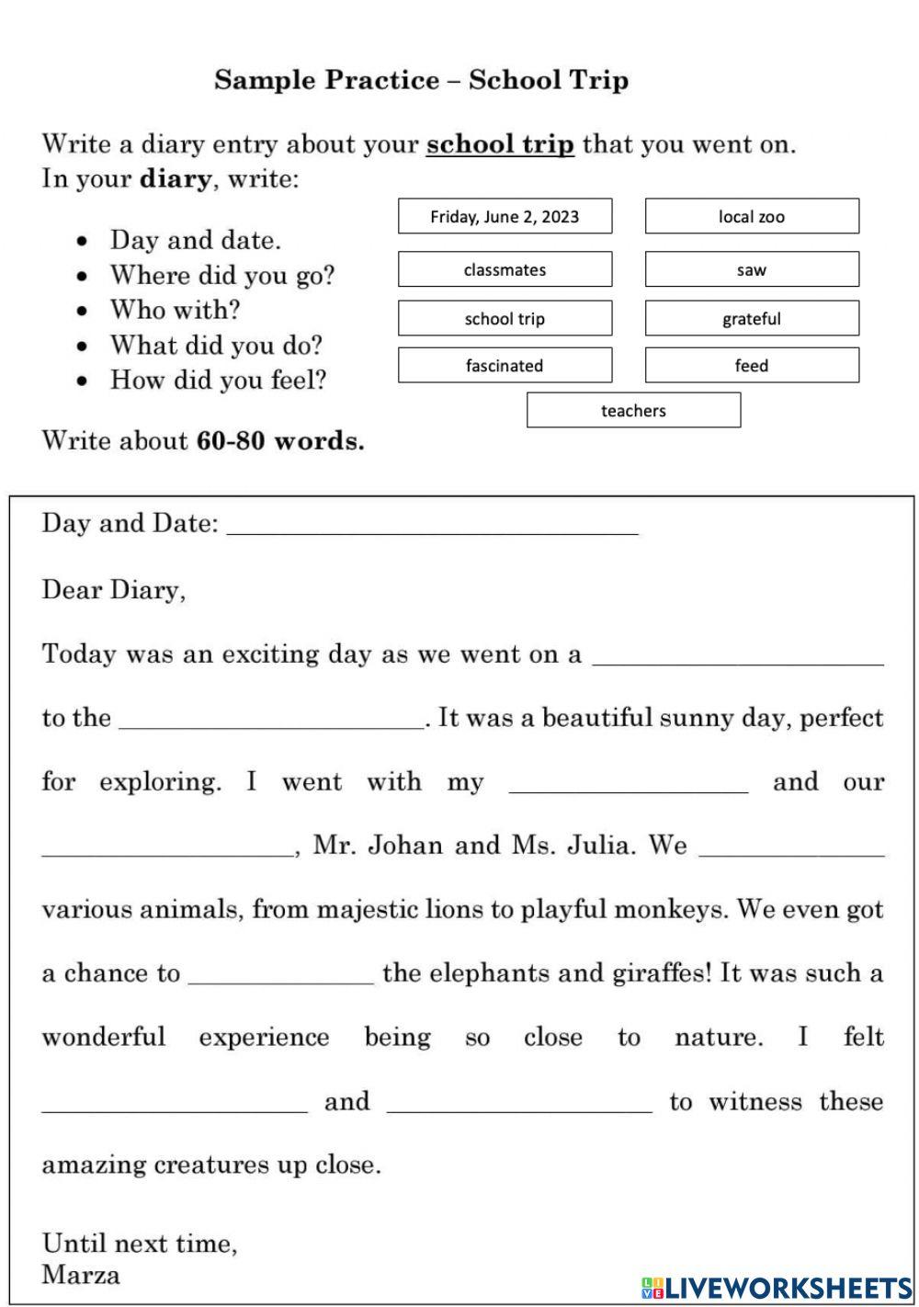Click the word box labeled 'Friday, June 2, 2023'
tap(505, 217)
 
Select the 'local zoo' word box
tap(752, 217)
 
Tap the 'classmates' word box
tap(505, 270)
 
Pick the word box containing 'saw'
tap(752, 270)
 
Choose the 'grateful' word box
tap(752, 319)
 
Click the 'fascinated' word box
tap(505, 366)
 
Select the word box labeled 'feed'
tap(752, 366)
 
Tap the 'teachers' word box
tap(633, 411)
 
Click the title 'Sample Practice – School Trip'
tap(422, 80)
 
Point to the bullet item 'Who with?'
tap(175, 310)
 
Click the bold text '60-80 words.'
tap(280, 441)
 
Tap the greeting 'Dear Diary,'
tap(114, 590)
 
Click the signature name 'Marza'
tap(81, 1275)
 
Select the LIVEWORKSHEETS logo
tap(777, 1287)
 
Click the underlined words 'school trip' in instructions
tap(500, 145)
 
